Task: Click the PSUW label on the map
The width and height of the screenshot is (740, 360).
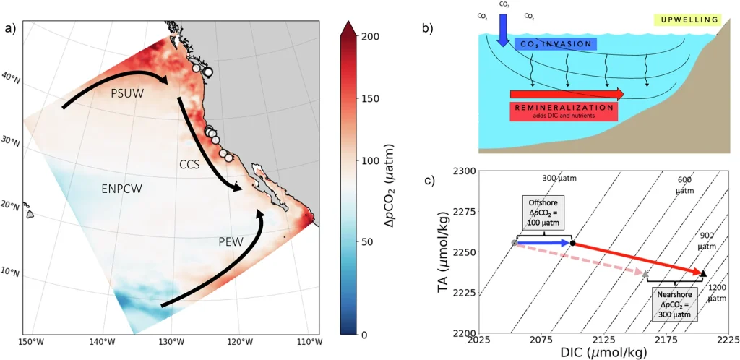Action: pyautogui.click(x=126, y=94)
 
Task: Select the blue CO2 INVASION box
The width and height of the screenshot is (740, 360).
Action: pyautogui.click(x=556, y=45)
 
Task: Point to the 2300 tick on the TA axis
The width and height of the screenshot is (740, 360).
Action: pyautogui.click(x=464, y=171)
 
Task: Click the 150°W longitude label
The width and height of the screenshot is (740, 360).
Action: pyautogui.click(x=32, y=341)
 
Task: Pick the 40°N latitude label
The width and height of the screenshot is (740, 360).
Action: pyautogui.click(x=10, y=78)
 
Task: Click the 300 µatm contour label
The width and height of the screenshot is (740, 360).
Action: pyautogui.click(x=559, y=178)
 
